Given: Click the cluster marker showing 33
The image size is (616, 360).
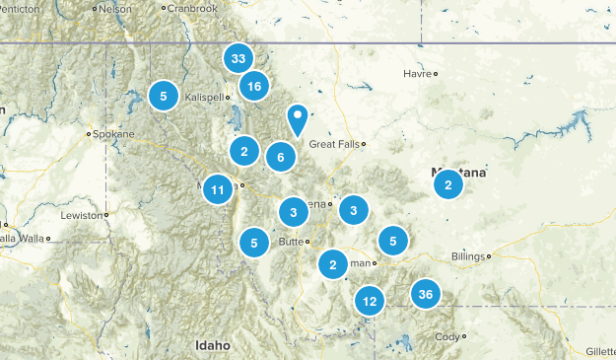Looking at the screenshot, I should point(238,59).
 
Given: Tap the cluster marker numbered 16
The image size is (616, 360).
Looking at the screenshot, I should point(254,87).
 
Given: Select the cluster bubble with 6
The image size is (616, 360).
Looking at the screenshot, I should point(281,156).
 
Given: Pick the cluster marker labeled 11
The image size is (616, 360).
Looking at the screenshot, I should point(219,189).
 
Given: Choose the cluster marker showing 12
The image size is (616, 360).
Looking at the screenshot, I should point(370,301).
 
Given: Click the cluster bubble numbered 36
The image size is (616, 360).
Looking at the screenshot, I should point(426,293).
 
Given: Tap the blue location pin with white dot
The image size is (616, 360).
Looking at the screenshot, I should point(298,119).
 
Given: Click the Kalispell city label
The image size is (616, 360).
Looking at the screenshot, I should point(204,98).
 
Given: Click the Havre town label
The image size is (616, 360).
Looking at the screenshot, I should point(418,74).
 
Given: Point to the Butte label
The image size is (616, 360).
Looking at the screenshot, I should point(292,242).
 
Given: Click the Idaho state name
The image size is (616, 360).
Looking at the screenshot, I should point(212,345).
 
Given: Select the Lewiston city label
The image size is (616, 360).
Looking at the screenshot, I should point(80,214).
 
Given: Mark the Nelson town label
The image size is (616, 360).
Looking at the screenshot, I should point(115,8).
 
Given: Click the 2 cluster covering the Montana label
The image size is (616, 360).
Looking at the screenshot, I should point(447,182).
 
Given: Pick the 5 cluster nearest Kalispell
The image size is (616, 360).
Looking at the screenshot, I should point(163,96).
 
